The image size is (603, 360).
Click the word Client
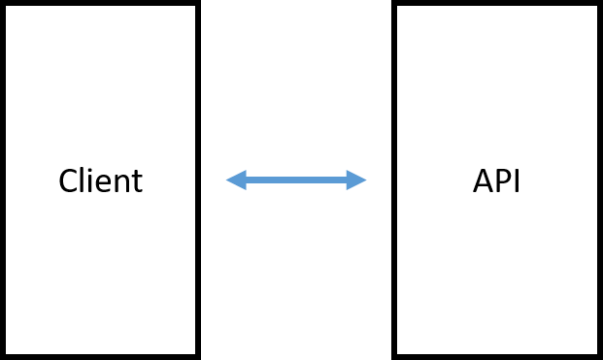point(100,181)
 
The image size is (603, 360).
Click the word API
point(497,181)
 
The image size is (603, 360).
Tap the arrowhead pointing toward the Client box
point(235,180)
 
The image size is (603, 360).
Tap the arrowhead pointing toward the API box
point(357,180)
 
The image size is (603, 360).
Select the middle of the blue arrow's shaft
point(296,180)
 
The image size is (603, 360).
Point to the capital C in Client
point(67,181)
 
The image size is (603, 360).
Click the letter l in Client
point(82,180)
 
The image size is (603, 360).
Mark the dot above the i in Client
point(89,170)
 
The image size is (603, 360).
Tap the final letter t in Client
point(136,182)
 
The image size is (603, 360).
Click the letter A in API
point(484,181)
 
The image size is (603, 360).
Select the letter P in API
point(504,181)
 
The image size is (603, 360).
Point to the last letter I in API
point(518,181)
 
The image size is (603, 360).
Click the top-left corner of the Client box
point(7,7)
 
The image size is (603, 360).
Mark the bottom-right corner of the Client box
point(194,353)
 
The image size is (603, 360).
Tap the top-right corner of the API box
point(596,7)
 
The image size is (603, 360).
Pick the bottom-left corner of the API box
point(398,353)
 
